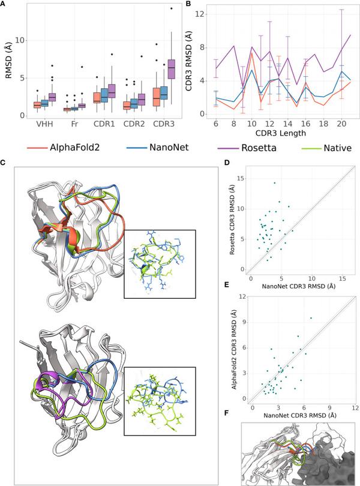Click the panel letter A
pyautogui.click(x=4, y=4)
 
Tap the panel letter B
pyautogui.click(x=187, y=4)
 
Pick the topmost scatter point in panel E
pyautogui.click(x=311, y=318)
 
